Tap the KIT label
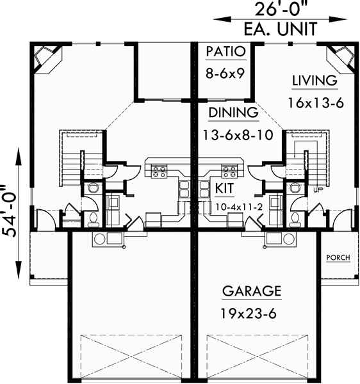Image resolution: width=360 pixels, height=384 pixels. (x=224, y=189)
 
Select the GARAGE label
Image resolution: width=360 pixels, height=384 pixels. (x=252, y=292)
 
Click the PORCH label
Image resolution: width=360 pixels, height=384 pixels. (x=338, y=258)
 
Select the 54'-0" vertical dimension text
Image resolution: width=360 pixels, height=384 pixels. (x=11, y=211)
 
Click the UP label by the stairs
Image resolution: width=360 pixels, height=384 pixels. (x=318, y=190)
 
